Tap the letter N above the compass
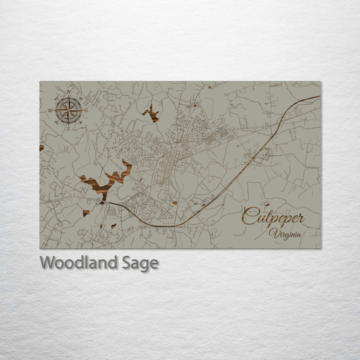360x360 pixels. coord(68,92)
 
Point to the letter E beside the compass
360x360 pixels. coord(86,110)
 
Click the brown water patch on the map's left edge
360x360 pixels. coord(41,147)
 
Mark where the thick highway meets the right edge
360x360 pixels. coord(319,96)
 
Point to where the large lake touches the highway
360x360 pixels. coord(102,202)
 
